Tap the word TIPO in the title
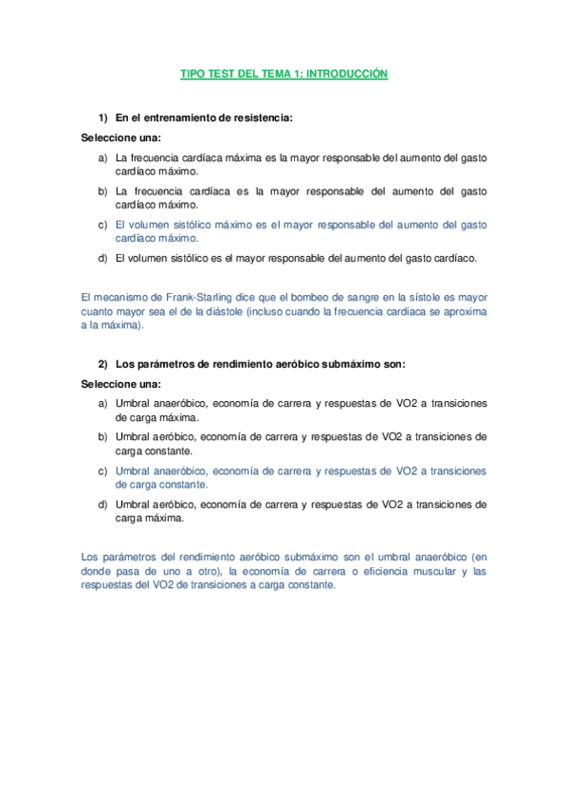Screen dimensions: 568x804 point(192,73)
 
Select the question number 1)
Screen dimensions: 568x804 point(104,119)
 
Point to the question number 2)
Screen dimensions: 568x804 point(104,365)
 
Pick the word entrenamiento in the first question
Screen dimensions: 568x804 point(175,119)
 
